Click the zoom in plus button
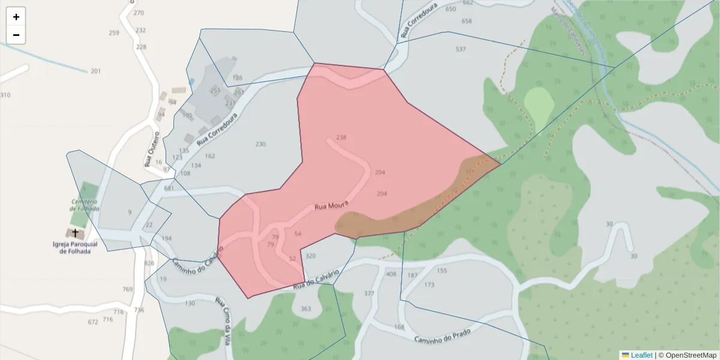point(16,17)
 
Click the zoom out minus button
point(16,35)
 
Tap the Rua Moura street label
point(331,206)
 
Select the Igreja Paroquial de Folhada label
point(75,248)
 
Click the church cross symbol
point(75,233)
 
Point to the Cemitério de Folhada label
point(85,205)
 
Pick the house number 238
point(341,137)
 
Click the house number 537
point(461,49)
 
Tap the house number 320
point(310,256)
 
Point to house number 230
point(260,144)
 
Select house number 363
point(306,309)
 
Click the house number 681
point(169,188)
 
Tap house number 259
point(114,33)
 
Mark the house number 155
point(442,271)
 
